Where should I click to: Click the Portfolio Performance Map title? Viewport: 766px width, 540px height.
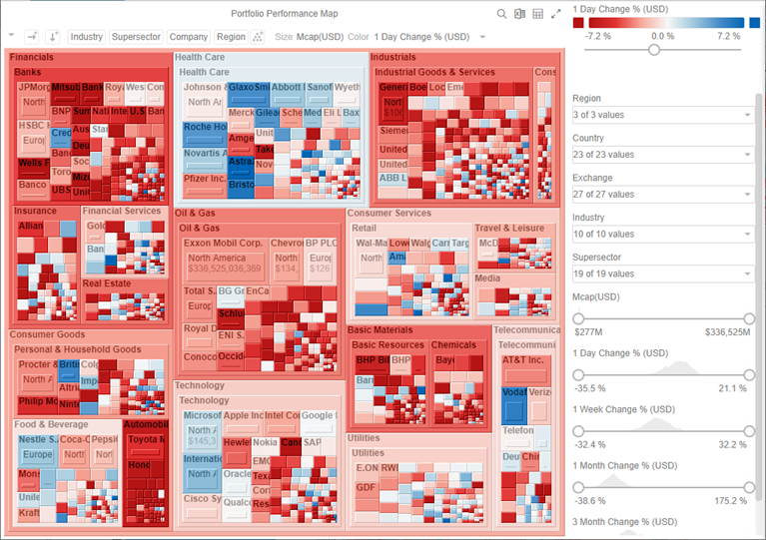284,14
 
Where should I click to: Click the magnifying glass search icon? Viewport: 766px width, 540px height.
501,14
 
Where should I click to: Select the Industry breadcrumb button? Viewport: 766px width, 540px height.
87,37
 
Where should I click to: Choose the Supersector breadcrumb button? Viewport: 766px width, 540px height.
136,37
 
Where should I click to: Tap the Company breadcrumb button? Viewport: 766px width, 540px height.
189,37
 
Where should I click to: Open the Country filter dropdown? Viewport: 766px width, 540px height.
662,155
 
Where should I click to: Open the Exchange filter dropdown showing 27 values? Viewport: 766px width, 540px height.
662,195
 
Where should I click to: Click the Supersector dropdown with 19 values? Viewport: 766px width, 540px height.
662,273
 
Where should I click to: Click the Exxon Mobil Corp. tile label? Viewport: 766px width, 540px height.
223,244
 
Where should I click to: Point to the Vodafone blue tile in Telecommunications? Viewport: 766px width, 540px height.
512,403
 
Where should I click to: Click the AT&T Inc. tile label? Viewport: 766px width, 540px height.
523,360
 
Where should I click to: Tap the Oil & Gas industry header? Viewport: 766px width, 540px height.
196,214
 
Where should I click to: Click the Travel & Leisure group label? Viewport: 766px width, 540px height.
509,229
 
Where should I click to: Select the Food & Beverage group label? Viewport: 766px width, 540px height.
51,424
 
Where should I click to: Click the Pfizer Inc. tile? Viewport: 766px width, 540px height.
205,179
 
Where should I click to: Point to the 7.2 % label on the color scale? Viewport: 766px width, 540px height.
728,36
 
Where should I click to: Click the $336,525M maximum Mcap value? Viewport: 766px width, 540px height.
727,331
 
